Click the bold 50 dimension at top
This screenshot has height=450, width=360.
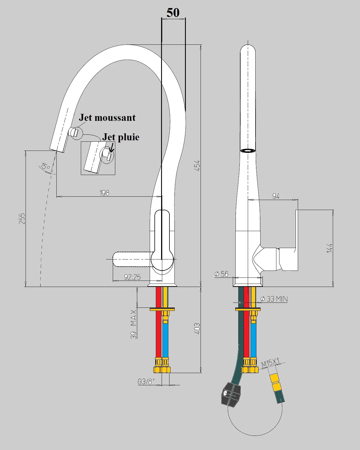(x=173, y=12)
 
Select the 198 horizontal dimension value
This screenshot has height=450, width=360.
(x=104, y=192)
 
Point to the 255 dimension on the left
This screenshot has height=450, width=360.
(x=22, y=219)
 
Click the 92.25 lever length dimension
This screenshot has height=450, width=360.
(x=132, y=277)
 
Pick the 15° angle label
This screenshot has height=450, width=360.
(x=44, y=166)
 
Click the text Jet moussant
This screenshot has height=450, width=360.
(x=107, y=117)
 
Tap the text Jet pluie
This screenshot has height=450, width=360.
(x=121, y=137)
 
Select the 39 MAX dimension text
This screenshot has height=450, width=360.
(x=134, y=324)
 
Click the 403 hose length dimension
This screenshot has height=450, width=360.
(x=197, y=329)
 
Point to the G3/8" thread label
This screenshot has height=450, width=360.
(x=146, y=382)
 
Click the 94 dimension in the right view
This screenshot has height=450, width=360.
(x=276, y=196)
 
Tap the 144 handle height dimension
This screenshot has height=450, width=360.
(x=329, y=248)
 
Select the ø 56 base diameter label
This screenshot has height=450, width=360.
(x=221, y=274)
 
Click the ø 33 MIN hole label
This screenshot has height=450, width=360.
(x=274, y=299)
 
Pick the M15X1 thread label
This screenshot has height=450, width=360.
(x=270, y=363)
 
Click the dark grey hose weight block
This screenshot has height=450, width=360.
(x=231, y=394)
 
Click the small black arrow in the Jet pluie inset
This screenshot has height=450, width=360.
(x=112, y=147)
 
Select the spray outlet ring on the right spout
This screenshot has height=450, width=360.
(x=248, y=151)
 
